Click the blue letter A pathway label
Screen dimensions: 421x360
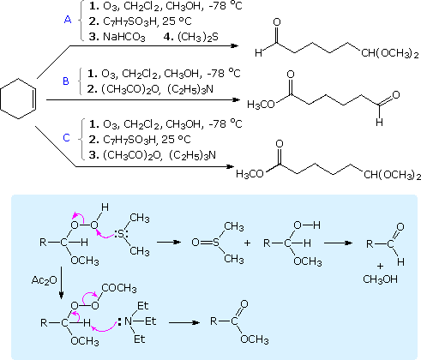[x=68, y=20]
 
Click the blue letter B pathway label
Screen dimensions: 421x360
[x=66, y=81]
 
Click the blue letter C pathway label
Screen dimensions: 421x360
[x=66, y=138]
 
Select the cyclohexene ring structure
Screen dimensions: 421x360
[x=18, y=99]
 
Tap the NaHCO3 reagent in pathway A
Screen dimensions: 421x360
[x=124, y=37]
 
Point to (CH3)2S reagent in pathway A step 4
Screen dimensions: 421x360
[x=198, y=37]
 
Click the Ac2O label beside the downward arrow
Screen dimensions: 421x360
[x=45, y=280]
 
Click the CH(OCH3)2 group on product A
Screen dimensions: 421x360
[x=390, y=53]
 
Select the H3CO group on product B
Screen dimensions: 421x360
[x=261, y=105]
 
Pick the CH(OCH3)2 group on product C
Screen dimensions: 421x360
[x=392, y=175]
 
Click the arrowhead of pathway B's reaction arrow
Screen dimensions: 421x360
[x=236, y=99]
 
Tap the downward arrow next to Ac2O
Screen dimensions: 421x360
[x=61, y=283]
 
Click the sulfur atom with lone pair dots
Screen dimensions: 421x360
[x=120, y=235]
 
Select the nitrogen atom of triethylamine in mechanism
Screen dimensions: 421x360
[x=129, y=321]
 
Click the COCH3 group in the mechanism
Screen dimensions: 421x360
[x=119, y=288]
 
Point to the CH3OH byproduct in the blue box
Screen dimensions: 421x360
[x=380, y=279]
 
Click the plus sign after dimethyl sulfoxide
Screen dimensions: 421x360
[x=247, y=243]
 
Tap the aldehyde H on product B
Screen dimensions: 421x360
[x=379, y=123]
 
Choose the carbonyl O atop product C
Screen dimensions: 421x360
[x=280, y=144]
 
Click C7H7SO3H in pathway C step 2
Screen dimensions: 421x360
[x=129, y=140]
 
